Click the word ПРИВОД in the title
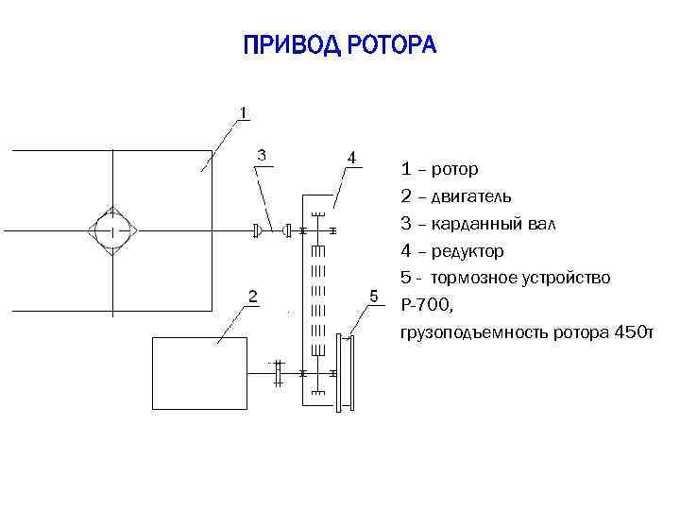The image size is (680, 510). [x=290, y=45]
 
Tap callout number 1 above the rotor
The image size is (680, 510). [x=244, y=112]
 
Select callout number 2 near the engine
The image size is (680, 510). [x=252, y=296]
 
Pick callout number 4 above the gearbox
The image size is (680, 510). [x=350, y=157]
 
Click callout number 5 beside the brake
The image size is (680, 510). [x=374, y=296]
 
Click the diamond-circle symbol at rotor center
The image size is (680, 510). [x=112, y=229]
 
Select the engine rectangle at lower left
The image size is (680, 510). [x=199, y=373]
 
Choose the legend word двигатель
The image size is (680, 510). [x=472, y=197]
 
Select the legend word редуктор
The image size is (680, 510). [x=467, y=251]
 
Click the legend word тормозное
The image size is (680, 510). [x=478, y=278]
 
